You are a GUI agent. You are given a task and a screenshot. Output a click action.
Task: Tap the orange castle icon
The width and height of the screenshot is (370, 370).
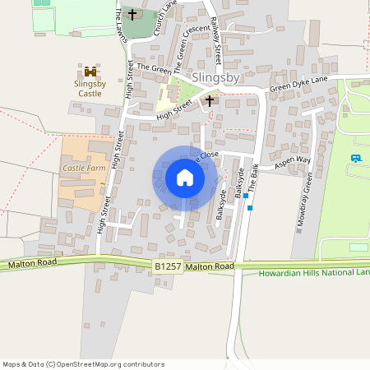coord(90,72)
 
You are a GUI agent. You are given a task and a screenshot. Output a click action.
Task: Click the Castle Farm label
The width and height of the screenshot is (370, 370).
coord(85,168)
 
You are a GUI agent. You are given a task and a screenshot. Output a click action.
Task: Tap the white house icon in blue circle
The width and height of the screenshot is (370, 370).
coord(185,178)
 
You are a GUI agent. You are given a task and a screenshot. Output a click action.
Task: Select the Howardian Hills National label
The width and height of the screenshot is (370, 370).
coord(313,273)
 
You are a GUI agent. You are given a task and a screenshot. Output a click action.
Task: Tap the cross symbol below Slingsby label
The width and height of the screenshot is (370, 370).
coord(209,100)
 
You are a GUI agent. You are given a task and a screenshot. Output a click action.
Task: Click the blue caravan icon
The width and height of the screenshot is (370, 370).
coord(356,158)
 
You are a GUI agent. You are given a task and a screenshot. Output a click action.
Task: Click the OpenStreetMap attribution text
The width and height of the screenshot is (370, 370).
coord(83,363)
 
